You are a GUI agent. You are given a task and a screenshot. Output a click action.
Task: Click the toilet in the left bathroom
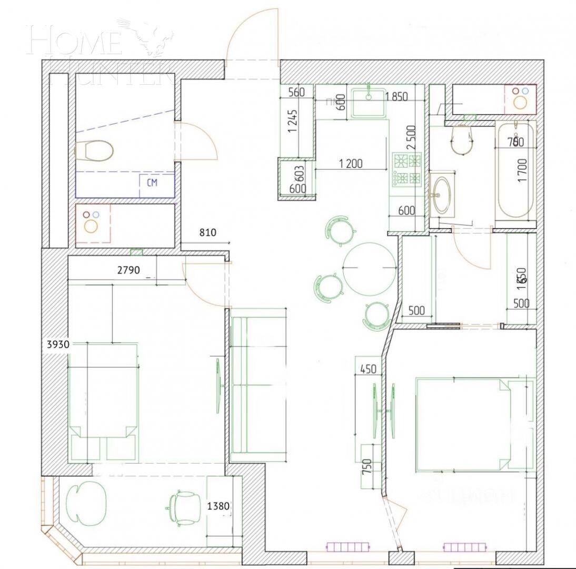point(94,151)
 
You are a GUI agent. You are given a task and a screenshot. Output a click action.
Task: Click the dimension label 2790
point(128,270)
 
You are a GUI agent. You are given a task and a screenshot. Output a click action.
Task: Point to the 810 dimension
point(208,231)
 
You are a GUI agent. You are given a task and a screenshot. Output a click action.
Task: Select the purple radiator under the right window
point(464,547)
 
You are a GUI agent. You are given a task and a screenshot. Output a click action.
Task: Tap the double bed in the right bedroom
point(463,424)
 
